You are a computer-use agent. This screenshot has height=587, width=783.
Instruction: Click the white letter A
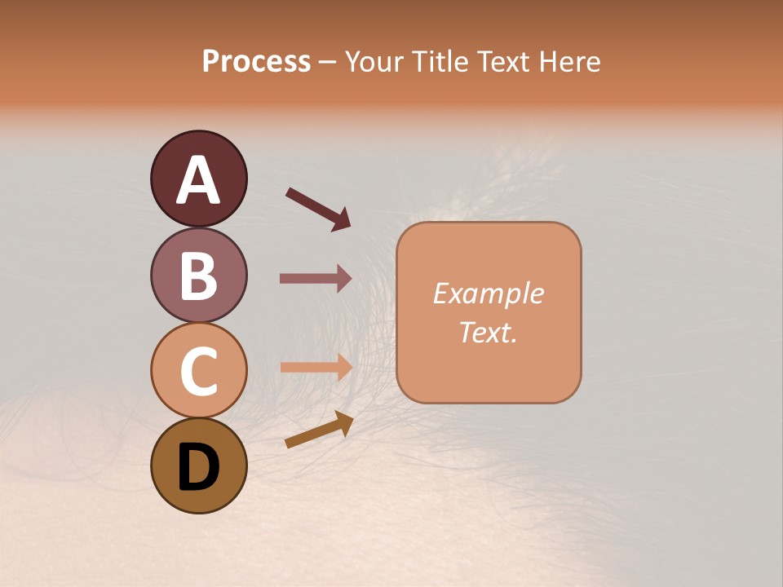tap(199, 180)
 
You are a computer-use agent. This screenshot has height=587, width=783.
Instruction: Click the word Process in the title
tap(256, 61)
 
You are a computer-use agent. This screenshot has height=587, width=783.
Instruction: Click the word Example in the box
tap(489, 293)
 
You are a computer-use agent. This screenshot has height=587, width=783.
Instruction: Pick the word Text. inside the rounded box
tap(489, 332)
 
